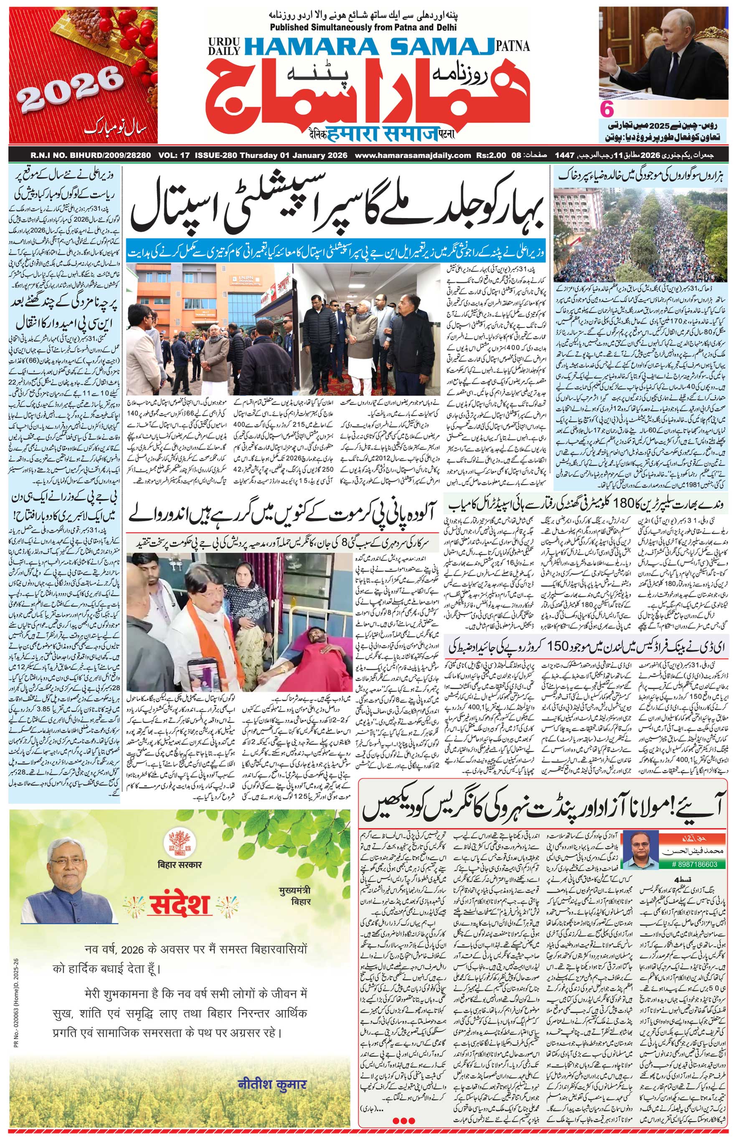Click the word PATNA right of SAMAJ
[x=512, y=47]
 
